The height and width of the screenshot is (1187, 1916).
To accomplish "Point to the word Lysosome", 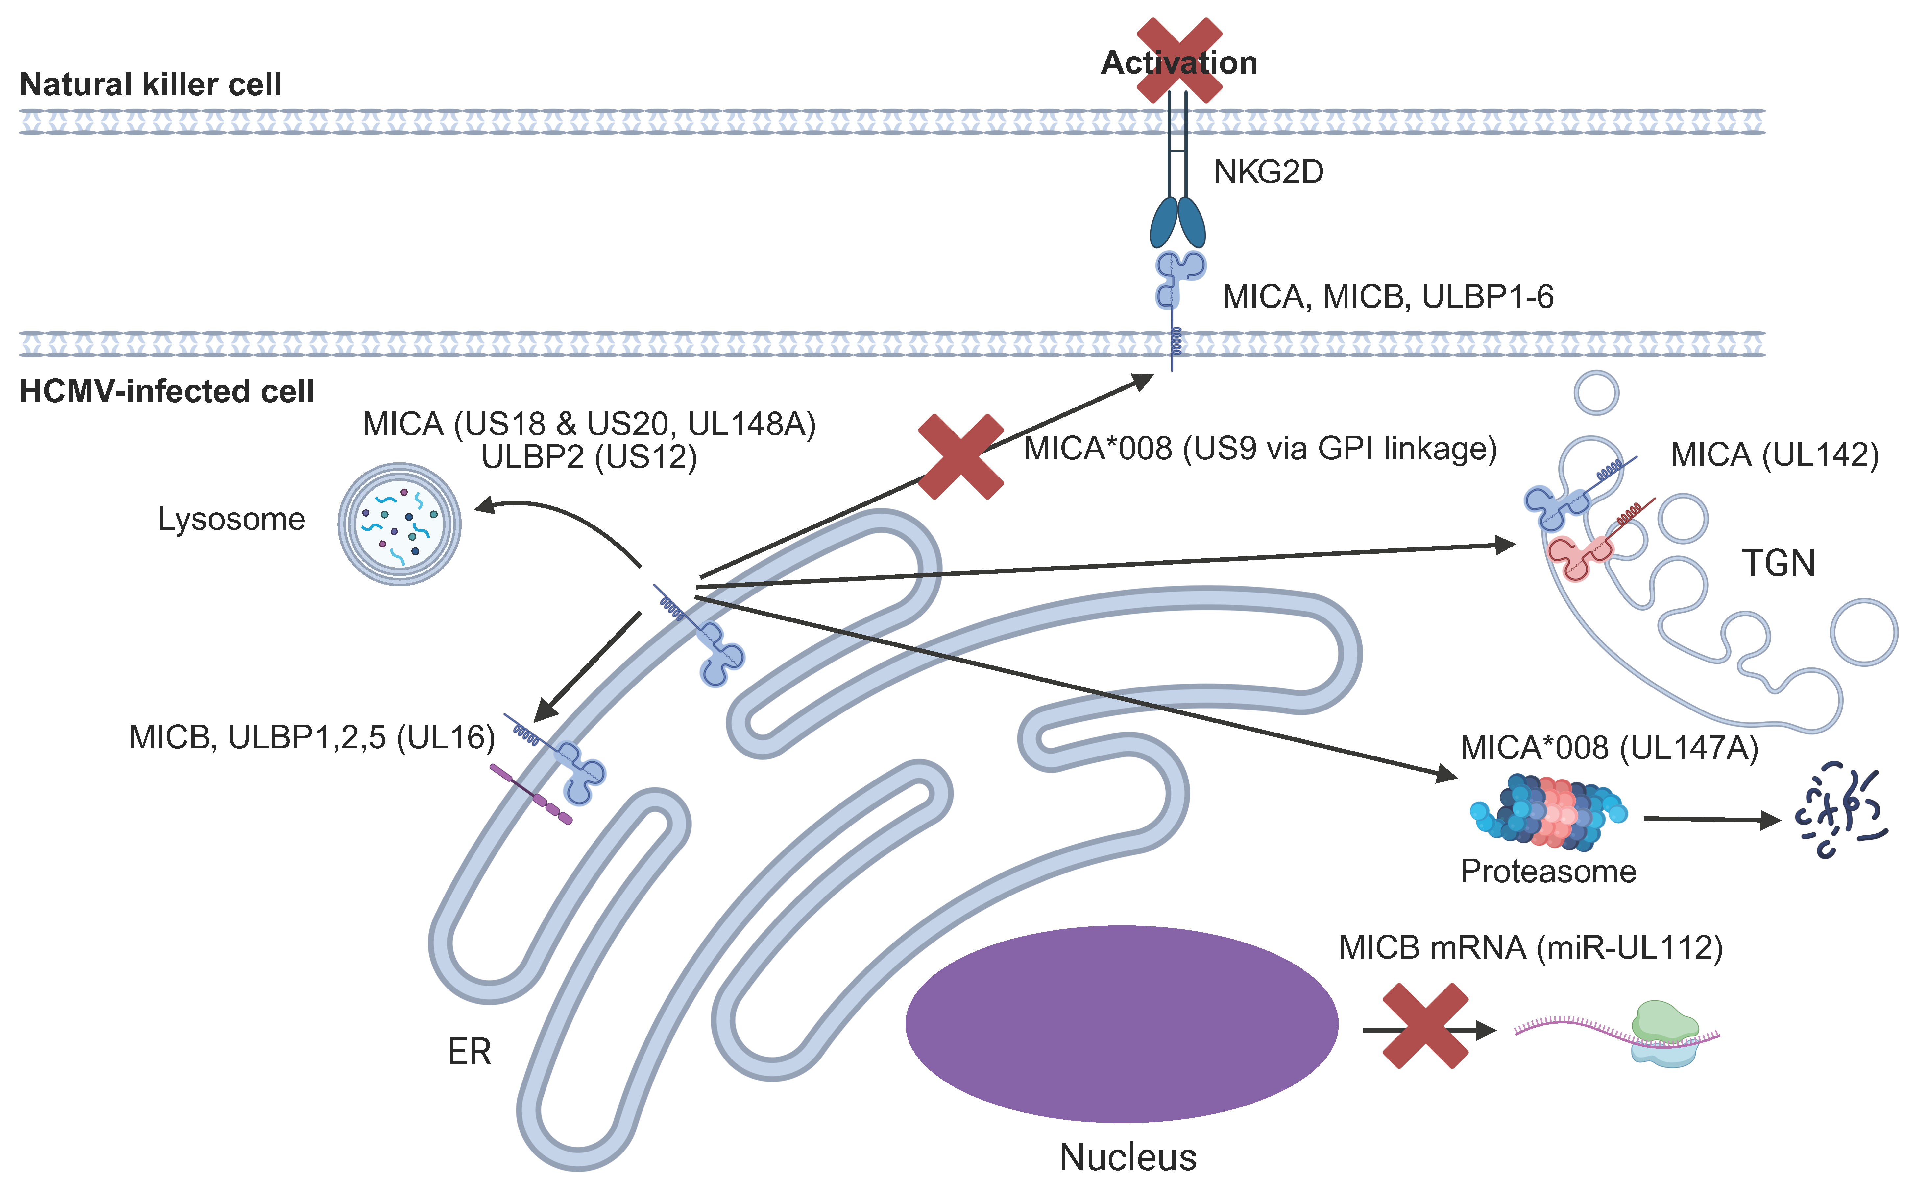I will coord(231,519).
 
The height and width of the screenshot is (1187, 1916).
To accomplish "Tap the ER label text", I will coord(469,1051).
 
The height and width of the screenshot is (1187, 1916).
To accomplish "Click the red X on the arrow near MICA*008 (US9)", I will coord(960,457).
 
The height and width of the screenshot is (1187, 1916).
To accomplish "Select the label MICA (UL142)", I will coord(1774,454).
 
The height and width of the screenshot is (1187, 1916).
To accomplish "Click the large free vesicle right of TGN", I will coord(1863,632).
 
